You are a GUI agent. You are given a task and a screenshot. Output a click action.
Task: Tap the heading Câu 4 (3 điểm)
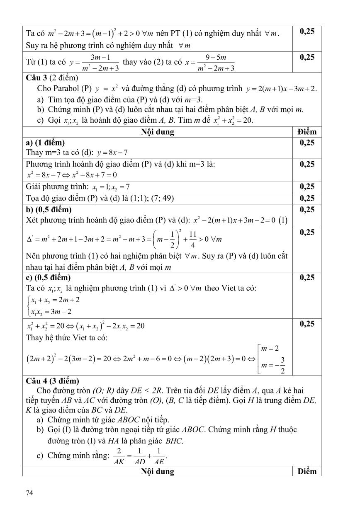52,381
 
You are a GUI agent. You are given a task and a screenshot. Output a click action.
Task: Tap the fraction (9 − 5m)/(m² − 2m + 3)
215,63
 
